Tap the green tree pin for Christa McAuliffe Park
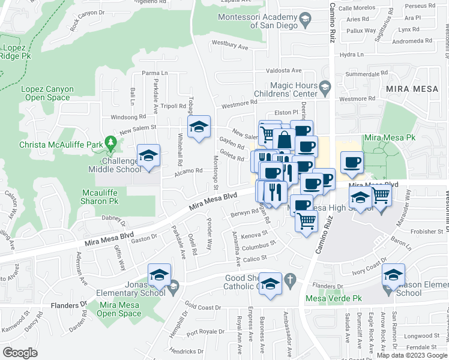[110, 142]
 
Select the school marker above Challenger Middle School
[148, 156]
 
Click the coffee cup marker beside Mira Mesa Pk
[352, 162]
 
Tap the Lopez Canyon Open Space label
[47, 94]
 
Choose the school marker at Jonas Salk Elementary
[159, 275]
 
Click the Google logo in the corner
[20, 352]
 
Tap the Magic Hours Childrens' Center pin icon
[325, 88]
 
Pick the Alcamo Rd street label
[190, 170]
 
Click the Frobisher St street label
[429, 230]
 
